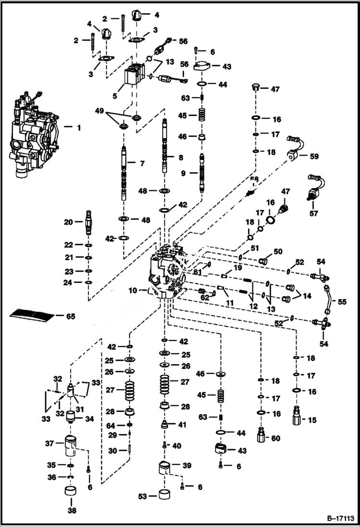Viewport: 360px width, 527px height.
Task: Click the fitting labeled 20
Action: tap(89, 222)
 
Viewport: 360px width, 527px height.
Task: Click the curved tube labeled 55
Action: tap(328, 298)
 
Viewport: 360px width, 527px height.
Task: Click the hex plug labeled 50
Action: tap(263, 261)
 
